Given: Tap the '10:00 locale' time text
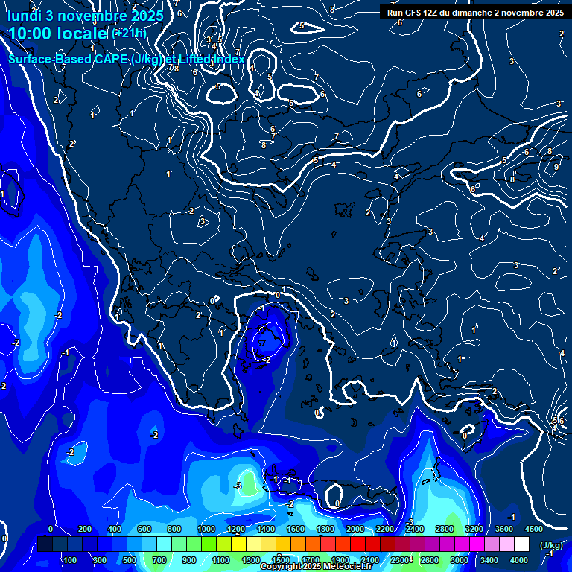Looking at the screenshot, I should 58,34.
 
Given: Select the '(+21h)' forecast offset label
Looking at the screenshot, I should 129,34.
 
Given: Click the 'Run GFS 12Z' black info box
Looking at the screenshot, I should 475,13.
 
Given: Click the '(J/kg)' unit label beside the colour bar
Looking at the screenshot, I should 551,545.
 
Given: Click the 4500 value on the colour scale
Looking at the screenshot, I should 533,529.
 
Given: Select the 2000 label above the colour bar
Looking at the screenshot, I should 355,529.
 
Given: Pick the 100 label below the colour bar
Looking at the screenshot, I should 70,560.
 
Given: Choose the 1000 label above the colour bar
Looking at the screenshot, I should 206,529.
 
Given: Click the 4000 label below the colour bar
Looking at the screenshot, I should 519,560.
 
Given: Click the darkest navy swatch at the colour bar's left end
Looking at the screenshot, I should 45,545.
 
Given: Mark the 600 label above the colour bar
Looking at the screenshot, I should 144,529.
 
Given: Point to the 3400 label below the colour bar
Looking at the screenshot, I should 489,560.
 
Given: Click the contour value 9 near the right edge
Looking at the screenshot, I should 556,167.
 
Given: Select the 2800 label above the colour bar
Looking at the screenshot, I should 444,529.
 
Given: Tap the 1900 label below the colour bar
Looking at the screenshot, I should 340,560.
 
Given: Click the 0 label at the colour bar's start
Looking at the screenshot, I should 51,529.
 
